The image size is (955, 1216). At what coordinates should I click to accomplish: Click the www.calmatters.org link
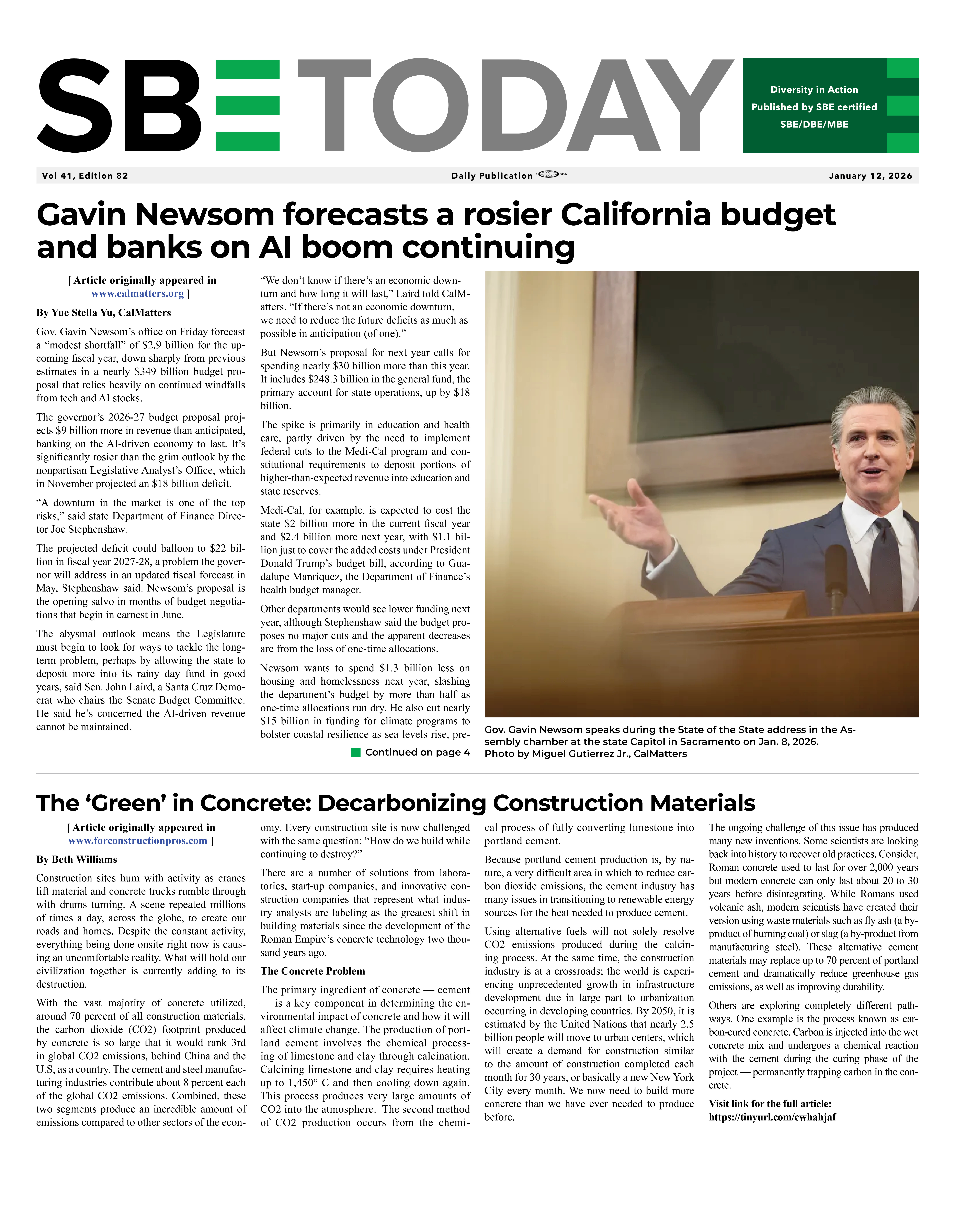click(138, 294)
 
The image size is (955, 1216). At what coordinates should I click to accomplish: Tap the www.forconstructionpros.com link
click(138, 841)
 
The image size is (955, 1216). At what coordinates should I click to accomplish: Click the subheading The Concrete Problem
click(312, 971)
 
